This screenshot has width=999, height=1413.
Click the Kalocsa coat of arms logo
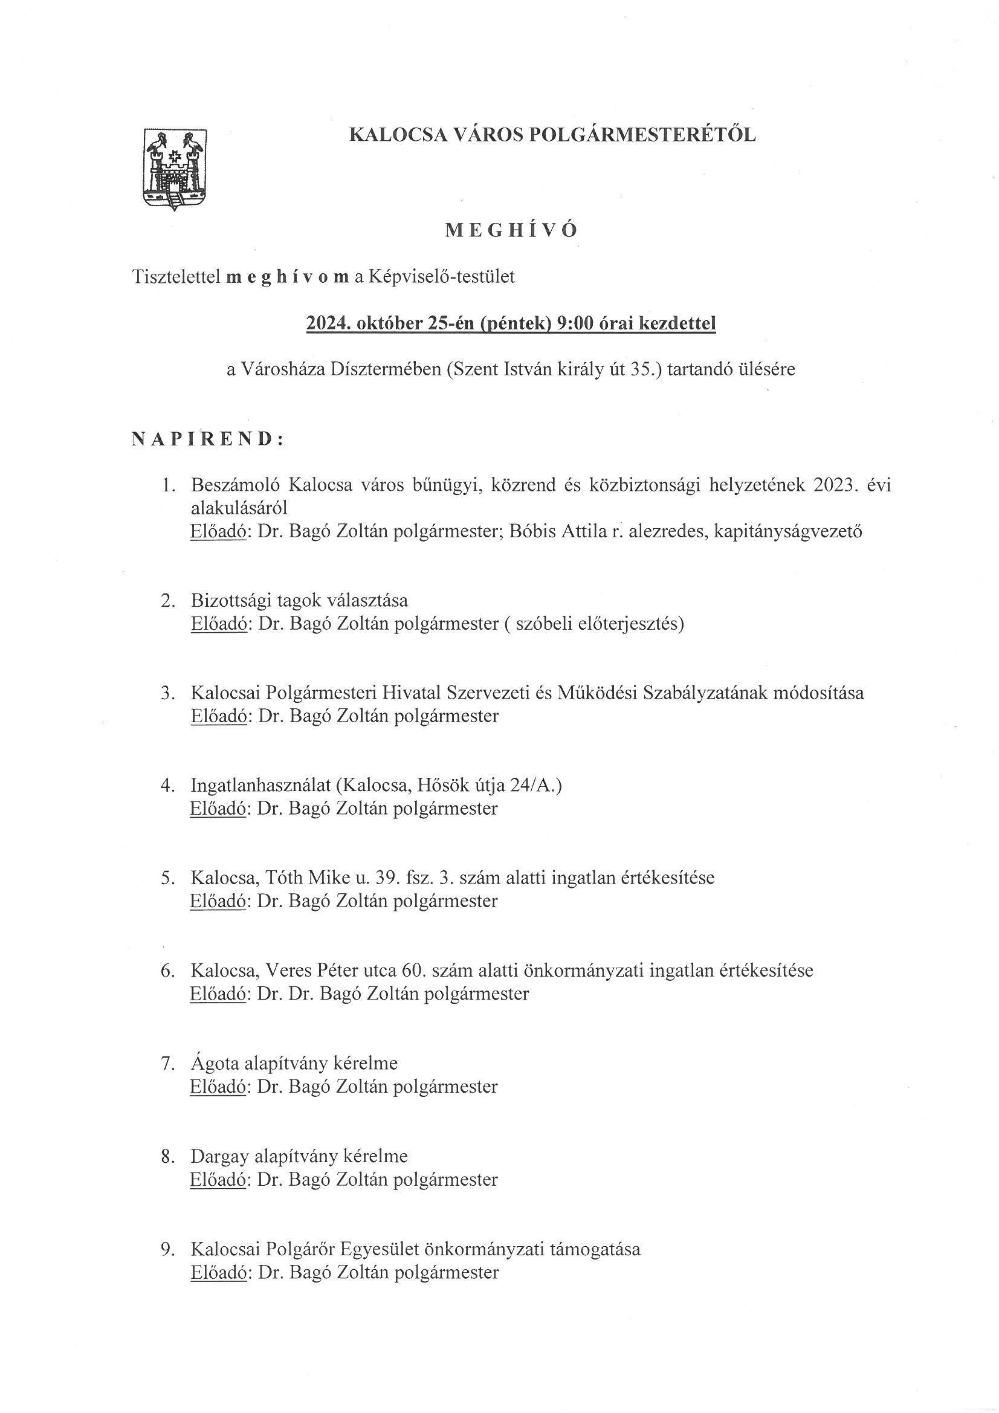point(175,169)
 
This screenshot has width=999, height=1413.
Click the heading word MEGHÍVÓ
point(511,231)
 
